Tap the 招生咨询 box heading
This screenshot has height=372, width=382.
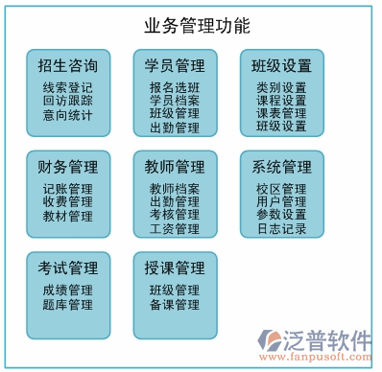point(68,66)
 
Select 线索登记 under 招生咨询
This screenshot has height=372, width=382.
point(68,86)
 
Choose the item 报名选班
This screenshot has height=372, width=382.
point(175,86)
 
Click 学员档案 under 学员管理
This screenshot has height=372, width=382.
point(175,100)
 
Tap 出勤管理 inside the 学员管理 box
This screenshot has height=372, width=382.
point(175,128)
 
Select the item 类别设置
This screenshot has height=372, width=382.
point(281,86)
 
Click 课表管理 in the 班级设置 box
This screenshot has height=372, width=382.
point(281,113)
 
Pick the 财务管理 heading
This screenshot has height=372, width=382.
point(68,169)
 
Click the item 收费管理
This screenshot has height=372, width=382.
point(68,202)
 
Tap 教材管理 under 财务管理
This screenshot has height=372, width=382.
point(68,217)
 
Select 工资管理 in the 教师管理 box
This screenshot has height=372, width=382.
point(175,229)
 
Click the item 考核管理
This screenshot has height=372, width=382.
point(175,216)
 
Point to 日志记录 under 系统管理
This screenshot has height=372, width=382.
point(281,229)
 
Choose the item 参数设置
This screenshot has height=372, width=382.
point(281,216)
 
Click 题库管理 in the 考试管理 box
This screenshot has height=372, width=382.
point(68,305)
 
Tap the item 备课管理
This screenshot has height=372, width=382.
point(175,305)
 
